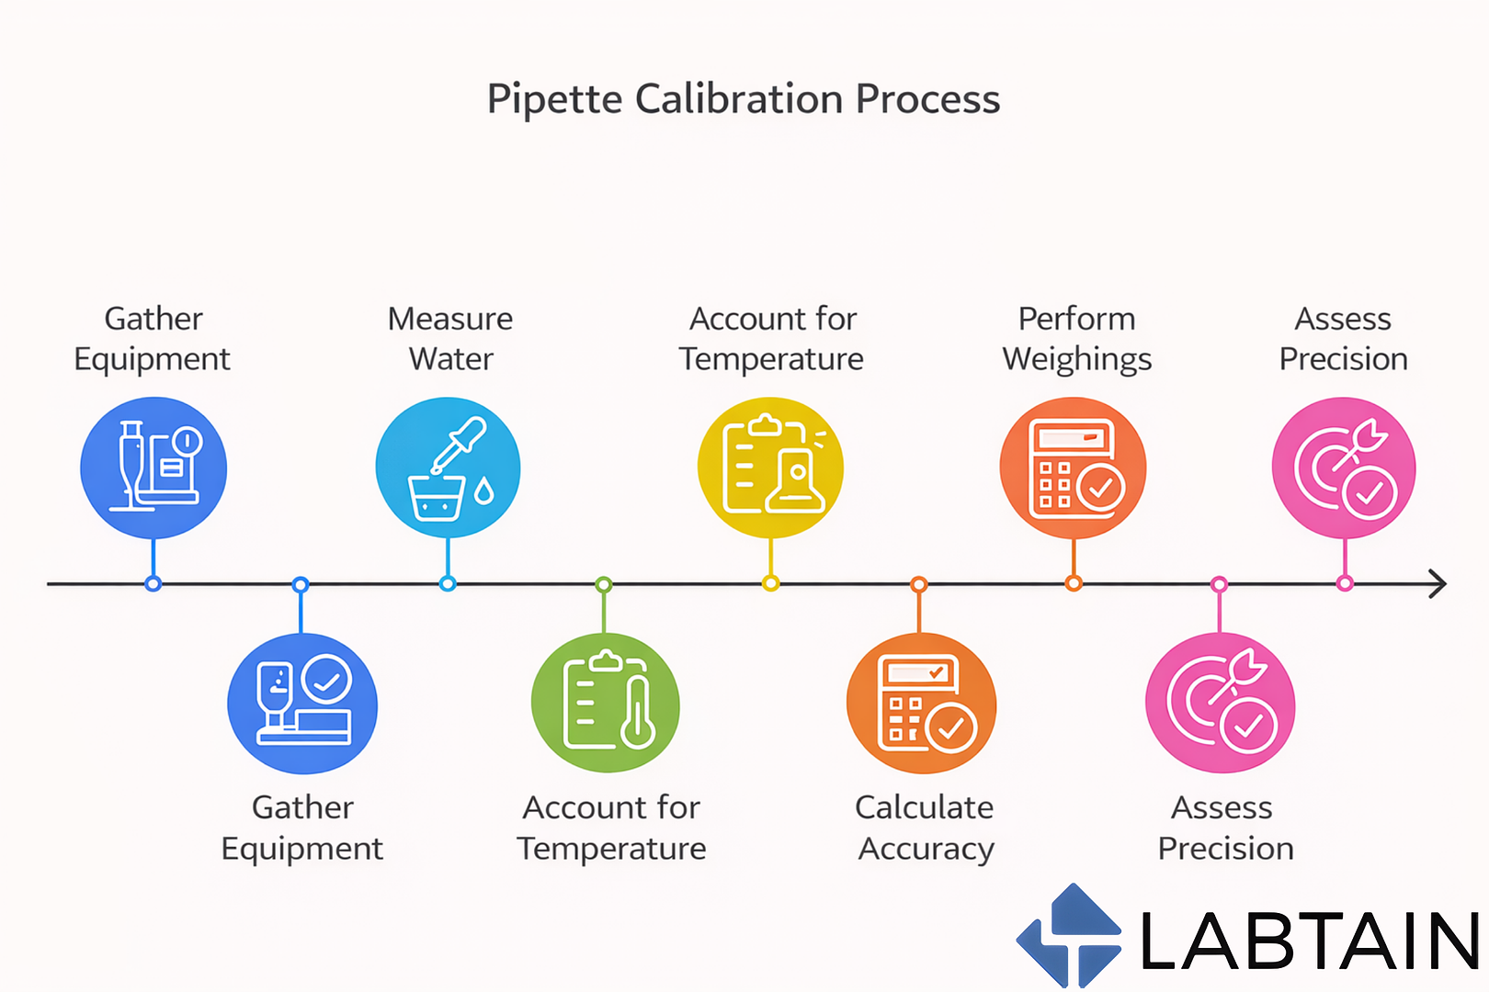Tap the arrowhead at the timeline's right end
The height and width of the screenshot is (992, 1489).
tap(1438, 583)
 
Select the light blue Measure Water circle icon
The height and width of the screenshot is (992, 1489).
tap(448, 468)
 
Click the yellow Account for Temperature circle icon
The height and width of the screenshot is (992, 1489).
tap(770, 468)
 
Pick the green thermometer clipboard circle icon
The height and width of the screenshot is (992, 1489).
tap(605, 704)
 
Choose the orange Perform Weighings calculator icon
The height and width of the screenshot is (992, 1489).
tap(1073, 468)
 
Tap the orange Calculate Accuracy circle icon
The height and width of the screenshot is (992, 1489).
tap(920, 704)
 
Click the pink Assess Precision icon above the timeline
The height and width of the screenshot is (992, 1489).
tap(1344, 468)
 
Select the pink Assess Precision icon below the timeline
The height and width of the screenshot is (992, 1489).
tap(1220, 704)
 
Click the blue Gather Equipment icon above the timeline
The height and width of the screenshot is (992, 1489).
tap(153, 468)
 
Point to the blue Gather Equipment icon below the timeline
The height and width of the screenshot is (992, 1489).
tap(301, 704)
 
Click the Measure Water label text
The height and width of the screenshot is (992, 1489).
tap(450, 338)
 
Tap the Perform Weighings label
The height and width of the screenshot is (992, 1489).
tap(1076, 338)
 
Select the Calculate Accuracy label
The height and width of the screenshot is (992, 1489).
tap(925, 828)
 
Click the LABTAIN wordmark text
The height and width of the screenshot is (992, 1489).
tap(1309, 941)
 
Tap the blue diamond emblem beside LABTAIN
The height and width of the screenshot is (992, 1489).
tap(1070, 936)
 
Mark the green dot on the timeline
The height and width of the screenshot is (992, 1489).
tap(603, 584)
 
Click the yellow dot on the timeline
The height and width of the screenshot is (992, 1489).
tap(770, 583)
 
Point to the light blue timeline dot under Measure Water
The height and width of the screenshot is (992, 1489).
tap(448, 583)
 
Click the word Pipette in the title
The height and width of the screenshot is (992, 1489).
tap(554, 99)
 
